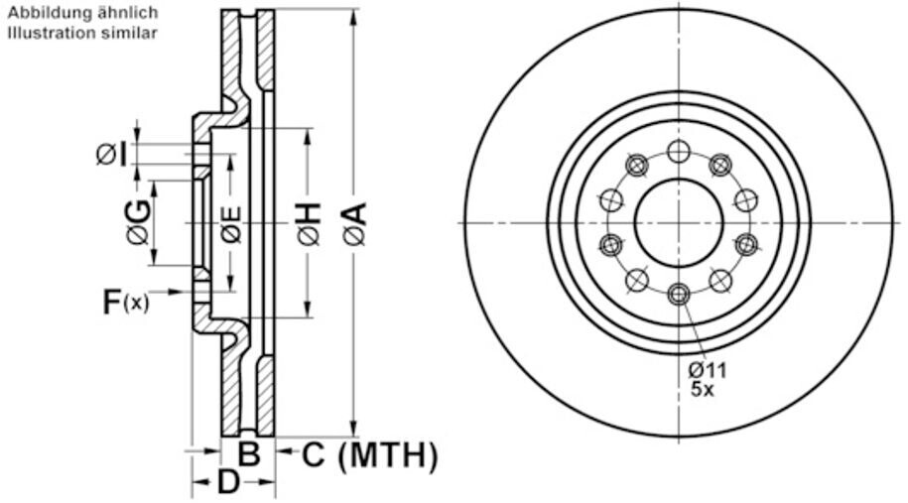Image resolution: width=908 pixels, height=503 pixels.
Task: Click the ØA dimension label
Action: pos(355,223)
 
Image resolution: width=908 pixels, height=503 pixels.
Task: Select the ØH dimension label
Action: pos(309,223)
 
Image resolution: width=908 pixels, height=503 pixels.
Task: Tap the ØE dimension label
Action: pos(231,223)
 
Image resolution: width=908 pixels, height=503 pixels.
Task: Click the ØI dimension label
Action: pos(112,155)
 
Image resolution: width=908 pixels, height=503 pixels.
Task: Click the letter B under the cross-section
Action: pos(249,455)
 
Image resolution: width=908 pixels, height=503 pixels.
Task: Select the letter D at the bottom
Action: pos(229,484)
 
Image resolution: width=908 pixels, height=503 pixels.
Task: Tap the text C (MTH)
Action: pos(369,455)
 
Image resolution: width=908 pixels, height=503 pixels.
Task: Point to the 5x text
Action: pos(703,390)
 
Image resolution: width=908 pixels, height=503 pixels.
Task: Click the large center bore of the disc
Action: pos(679,222)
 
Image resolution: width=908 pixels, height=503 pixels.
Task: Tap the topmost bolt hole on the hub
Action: pos(679,152)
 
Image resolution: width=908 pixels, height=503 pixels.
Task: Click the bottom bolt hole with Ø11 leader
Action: pos(679,294)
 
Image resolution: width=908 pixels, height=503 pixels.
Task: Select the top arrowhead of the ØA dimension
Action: pos(354,14)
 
